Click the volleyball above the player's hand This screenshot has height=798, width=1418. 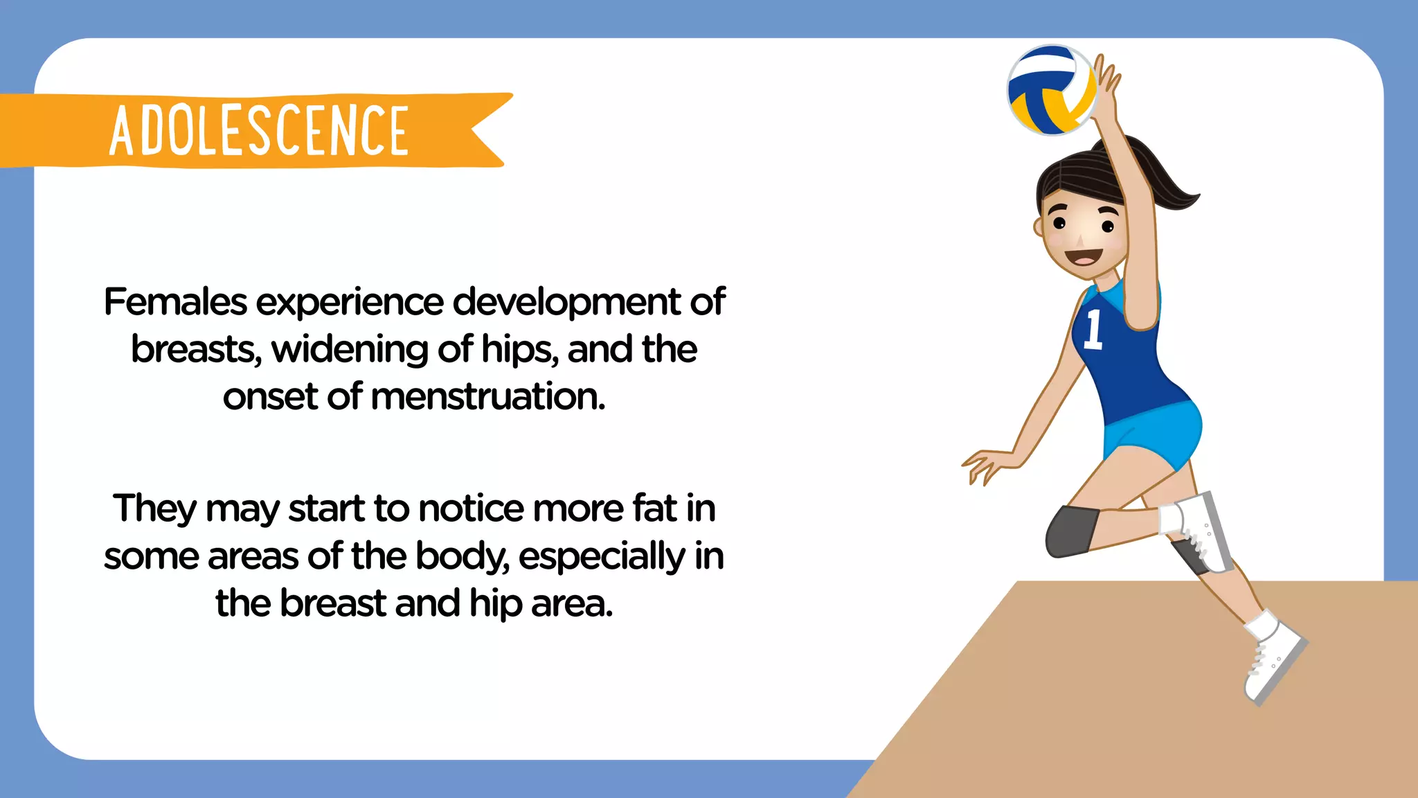(x=1052, y=90)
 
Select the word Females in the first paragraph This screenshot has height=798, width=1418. (x=176, y=302)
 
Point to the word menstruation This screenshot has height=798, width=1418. (x=488, y=397)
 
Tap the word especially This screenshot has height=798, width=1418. (x=602, y=557)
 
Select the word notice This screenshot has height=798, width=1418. (x=472, y=508)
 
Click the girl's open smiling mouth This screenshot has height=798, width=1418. (x=1082, y=258)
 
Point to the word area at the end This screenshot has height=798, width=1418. (x=572, y=603)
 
